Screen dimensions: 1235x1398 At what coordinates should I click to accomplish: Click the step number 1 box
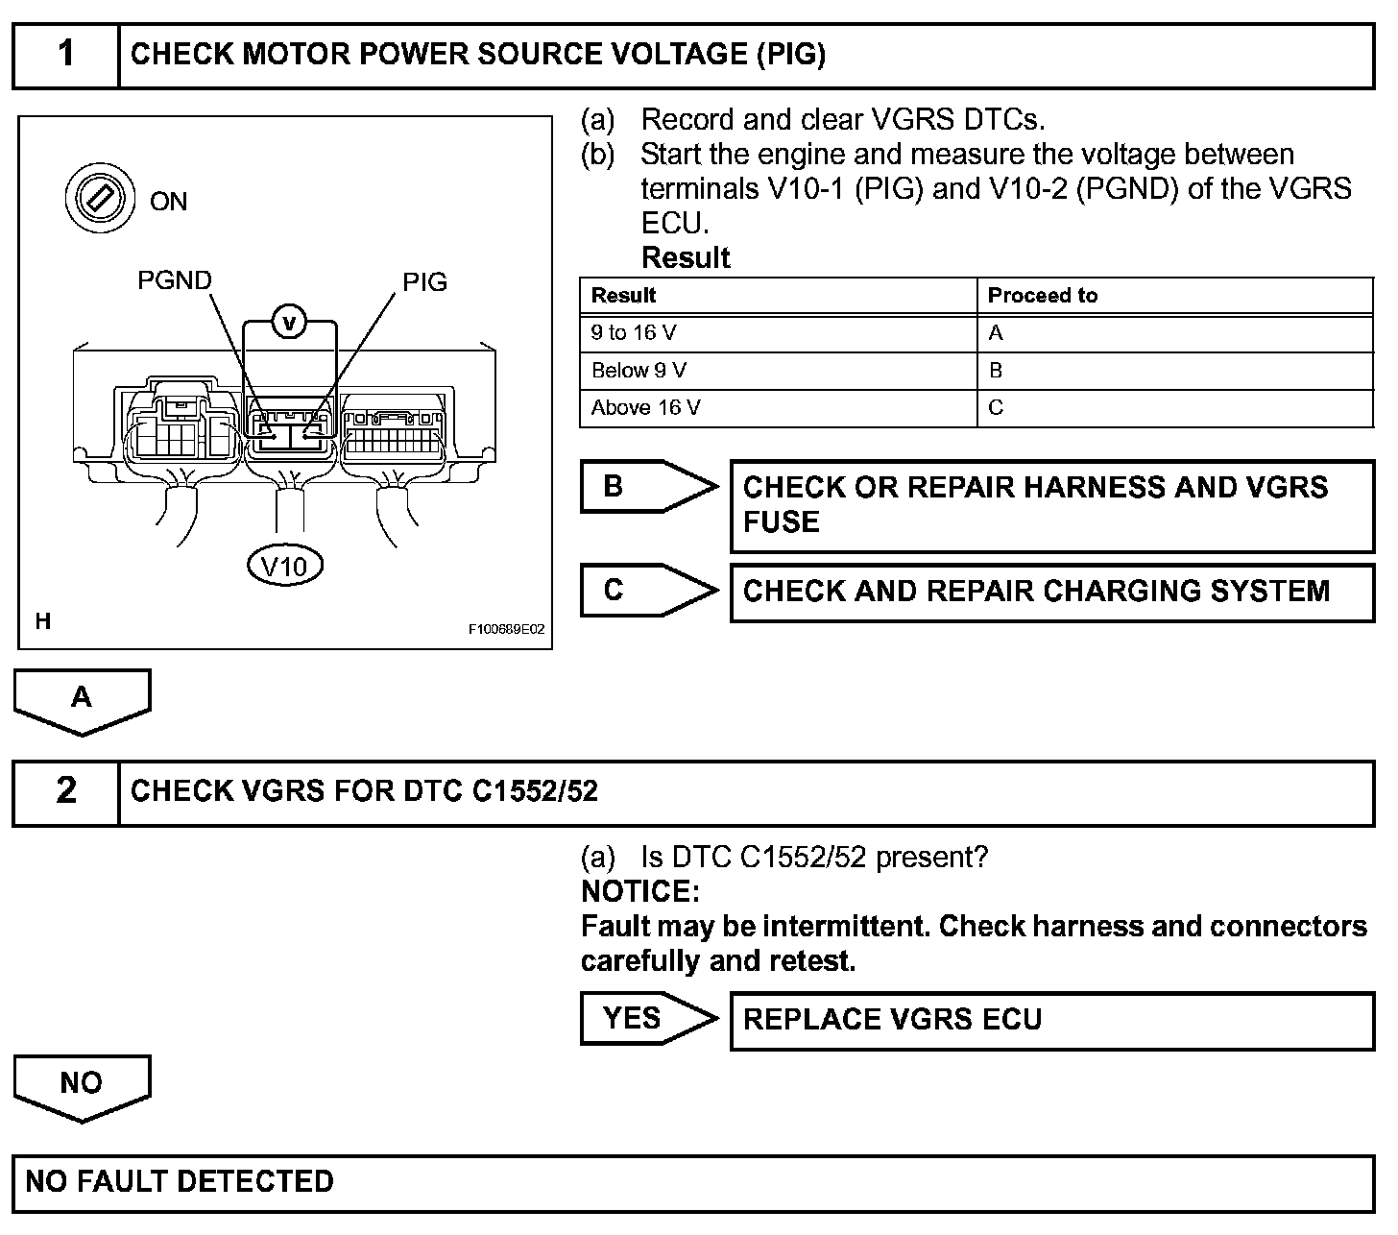65,54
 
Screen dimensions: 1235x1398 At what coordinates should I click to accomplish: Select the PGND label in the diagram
174,280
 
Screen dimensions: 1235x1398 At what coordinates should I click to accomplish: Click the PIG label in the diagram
424,282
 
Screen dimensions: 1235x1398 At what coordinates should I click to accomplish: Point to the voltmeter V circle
289,323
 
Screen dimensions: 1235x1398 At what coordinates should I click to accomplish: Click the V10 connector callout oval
285,566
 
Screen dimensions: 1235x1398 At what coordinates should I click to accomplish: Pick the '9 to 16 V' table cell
778,333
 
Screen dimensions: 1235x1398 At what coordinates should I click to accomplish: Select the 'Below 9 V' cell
778,371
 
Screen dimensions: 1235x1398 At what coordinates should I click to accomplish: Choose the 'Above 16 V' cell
778,408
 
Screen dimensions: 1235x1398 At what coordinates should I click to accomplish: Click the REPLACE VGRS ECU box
1051,1020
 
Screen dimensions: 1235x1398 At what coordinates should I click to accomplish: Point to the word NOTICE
640,892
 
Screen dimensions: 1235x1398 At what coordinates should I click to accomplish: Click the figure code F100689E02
506,630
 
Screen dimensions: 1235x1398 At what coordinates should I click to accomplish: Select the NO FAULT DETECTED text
180,1181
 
